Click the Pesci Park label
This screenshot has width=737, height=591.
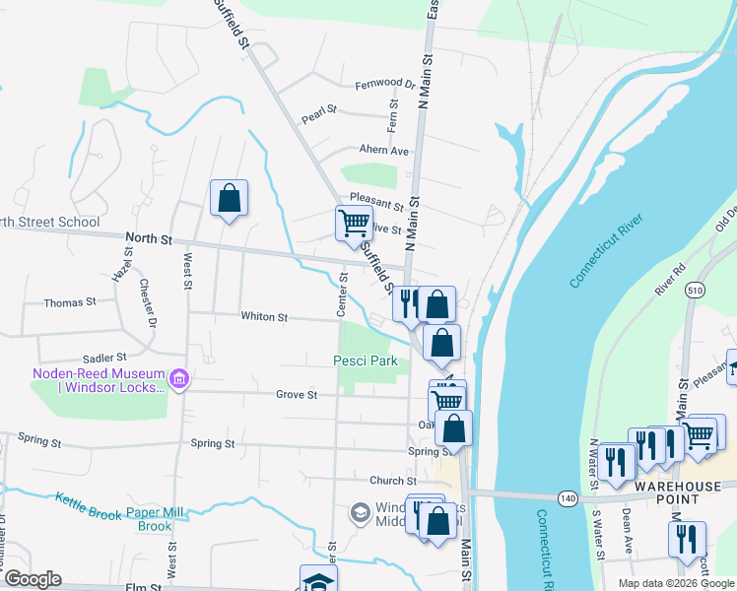pyautogui.click(x=365, y=361)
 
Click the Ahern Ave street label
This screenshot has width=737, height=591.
pyautogui.click(x=383, y=151)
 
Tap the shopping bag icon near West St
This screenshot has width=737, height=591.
pyautogui.click(x=229, y=198)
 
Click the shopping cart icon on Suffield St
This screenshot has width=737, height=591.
pyautogui.click(x=353, y=222)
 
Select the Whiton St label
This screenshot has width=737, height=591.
pyautogui.click(x=264, y=317)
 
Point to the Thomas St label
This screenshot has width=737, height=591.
pyautogui.click(x=70, y=303)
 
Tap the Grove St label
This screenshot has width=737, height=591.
pyautogui.click(x=296, y=395)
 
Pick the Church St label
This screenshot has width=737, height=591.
pyautogui.click(x=387, y=481)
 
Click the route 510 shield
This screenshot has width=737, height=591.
pyautogui.click(x=695, y=292)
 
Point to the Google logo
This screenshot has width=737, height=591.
pyautogui.click(x=33, y=579)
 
